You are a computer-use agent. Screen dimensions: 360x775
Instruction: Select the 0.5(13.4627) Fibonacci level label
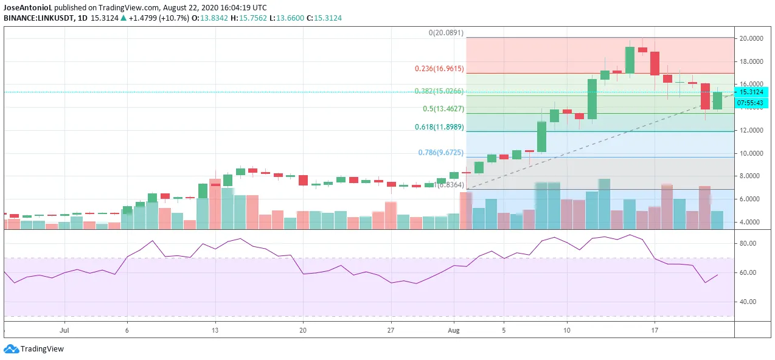[x=443, y=109]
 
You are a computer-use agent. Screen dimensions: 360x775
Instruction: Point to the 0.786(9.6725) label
[x=440, y=153]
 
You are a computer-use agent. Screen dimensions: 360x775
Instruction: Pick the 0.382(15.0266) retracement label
[x=439, y=91]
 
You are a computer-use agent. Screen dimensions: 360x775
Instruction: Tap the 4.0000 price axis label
[x=752, y=222]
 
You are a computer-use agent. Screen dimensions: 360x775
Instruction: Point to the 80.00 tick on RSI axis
[x=746, y=243]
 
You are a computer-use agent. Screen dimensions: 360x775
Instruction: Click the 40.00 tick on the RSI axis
[x=746, y=302]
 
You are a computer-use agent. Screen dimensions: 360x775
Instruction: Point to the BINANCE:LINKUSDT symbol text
[x=39, y=18]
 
